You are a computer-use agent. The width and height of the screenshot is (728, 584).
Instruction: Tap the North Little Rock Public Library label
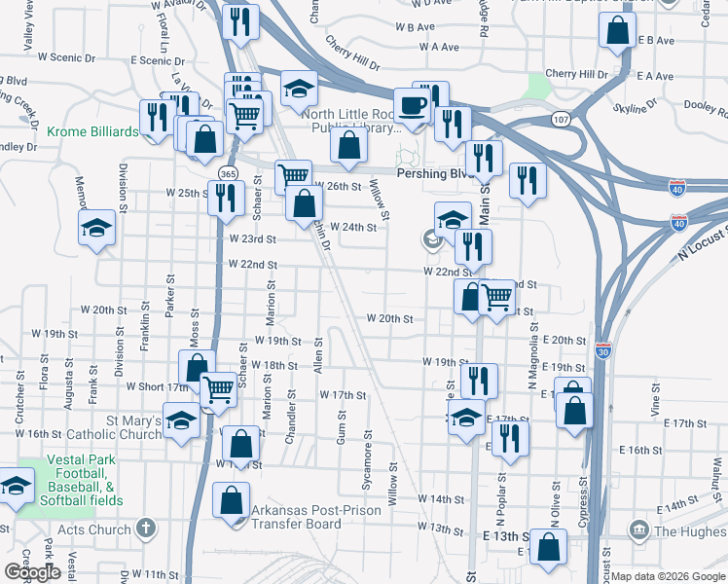click(351, 121)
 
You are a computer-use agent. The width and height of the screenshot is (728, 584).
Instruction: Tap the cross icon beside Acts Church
click(146, 529)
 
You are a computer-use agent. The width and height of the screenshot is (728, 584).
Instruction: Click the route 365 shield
click(229, 172)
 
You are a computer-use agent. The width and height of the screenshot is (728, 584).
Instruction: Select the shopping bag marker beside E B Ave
click(617, 31)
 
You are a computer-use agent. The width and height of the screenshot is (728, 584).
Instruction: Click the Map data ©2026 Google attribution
click(667, 576)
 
